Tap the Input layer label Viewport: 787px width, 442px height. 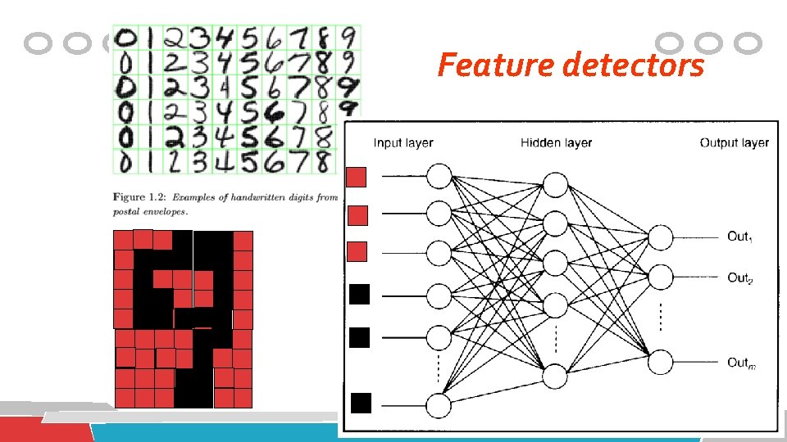tap(403, 143)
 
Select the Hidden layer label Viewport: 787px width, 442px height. tap(556, 143)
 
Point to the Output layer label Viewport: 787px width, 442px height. tap(735, 143)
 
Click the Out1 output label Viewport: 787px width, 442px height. tap(739, 237)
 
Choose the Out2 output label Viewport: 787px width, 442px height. tap(739, 277)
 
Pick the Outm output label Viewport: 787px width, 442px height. tap(741, 362)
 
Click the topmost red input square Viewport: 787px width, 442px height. tap(358, 177)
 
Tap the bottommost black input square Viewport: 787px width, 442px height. tap(360, 403)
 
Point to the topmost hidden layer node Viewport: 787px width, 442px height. tap(556, 183)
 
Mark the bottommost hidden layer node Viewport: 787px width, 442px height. tap(556, 376)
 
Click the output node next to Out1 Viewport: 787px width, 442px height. tap(660, 237)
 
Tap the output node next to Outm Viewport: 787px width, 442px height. tap(660, 362)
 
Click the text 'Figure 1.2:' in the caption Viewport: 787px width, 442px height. tap(139, 197)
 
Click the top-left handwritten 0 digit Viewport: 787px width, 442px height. tap(127, 38)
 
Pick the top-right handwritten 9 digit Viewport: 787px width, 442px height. tap(349, 38)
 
